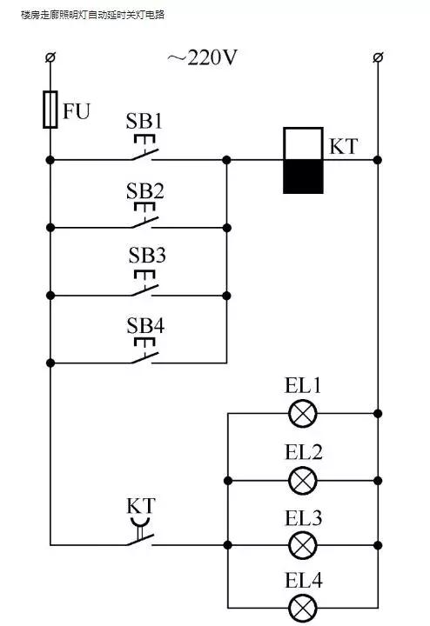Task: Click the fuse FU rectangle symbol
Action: click(x=50, y=110)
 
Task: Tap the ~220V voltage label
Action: click(x=203, y=58)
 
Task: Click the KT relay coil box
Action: click(x=304, y=161)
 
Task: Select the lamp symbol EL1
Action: click(x=303, y=413)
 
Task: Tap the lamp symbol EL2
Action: click(x=303, y=480)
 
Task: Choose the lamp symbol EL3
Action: click(x=303, y=546)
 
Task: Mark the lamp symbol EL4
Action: click(x=303, y=607)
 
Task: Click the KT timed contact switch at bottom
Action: click(x=139, y=537)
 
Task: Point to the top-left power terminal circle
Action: click(x=50, y=57)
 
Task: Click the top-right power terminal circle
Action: click(x=378, y=57)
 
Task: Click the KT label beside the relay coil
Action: click(x=343, y=145)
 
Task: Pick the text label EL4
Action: click(x=303, y=580)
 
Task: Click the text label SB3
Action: click(x=146, y=256)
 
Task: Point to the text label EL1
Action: click(x=303, y=385)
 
